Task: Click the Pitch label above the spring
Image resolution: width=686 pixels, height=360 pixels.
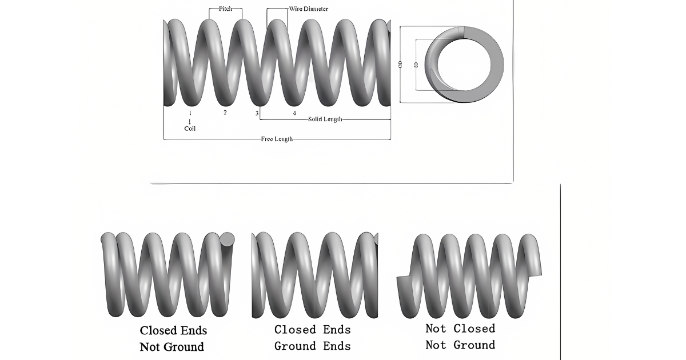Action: coord(225,9)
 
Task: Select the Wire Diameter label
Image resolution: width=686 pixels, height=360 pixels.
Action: coord(308,9)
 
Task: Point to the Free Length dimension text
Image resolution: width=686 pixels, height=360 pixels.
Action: coord(277,139)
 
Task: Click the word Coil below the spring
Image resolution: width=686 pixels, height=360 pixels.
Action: coord(190,129)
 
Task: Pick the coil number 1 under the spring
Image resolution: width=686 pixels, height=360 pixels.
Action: coord(190,113)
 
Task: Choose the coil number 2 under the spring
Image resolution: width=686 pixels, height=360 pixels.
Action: coord(225,113)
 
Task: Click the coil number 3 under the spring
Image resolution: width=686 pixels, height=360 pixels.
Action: coord(257,113)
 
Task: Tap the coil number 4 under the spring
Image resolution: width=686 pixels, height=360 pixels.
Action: coord(294,113)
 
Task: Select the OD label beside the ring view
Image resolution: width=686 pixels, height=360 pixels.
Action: coord(401,65)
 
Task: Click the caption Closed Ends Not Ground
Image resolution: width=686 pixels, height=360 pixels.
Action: coord(173,338)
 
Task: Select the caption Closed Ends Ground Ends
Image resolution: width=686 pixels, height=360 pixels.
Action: coord(312,337)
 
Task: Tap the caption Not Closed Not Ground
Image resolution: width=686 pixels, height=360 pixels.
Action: coord(460,337)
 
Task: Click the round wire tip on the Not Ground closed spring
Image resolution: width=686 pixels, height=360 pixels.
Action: coord(228,239)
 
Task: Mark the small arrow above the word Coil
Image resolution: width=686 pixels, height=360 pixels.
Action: coord(190,121)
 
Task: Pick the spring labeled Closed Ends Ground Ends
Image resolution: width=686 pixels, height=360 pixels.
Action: coord(314,274)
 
